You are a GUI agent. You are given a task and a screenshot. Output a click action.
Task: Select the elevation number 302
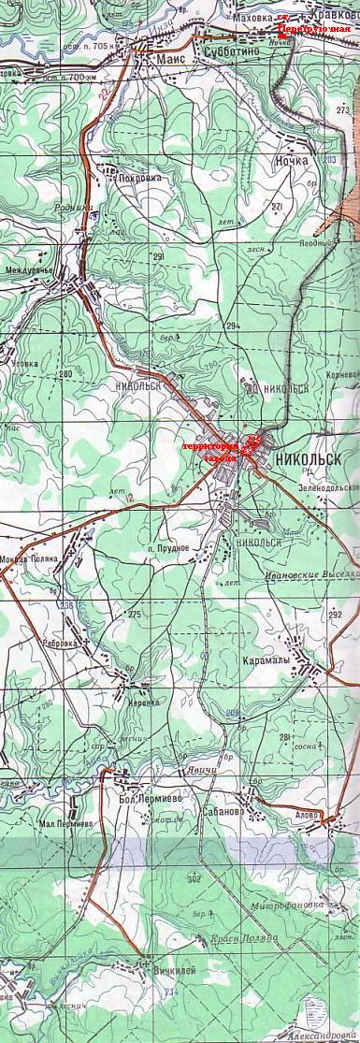point(194,879)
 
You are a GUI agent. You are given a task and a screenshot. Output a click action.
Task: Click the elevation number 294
point(233,325)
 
